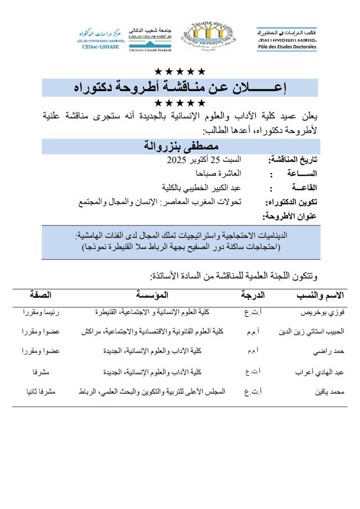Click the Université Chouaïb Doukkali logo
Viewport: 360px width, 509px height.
(150, 39)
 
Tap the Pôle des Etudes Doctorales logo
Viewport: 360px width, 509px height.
(287, 39)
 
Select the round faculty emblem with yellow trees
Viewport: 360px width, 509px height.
(209, 37)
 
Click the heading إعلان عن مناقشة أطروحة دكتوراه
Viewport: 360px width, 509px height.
(181, 88)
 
